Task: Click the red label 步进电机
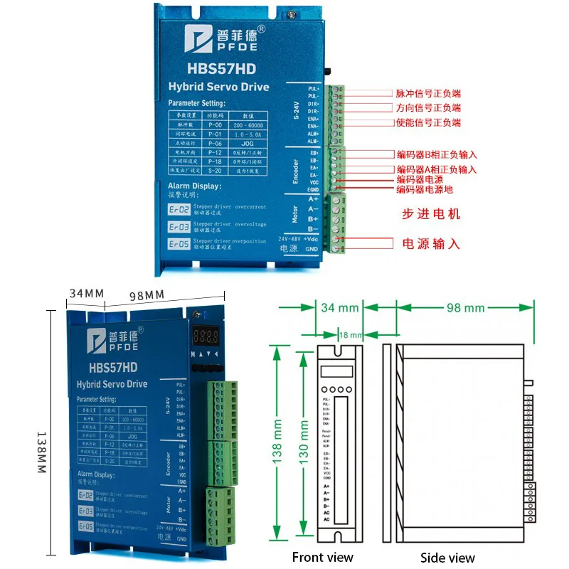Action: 432,213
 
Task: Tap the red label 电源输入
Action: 431,244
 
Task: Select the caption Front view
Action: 322,557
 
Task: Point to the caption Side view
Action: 447,558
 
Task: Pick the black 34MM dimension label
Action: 86,293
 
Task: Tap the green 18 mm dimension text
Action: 351,334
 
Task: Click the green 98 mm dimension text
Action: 464,308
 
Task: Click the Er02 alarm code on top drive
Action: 179,210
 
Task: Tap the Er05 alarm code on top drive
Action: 179,243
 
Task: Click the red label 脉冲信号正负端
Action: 428,93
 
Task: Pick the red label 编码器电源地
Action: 425,189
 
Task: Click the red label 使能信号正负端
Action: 428,123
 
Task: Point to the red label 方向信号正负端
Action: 428,108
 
